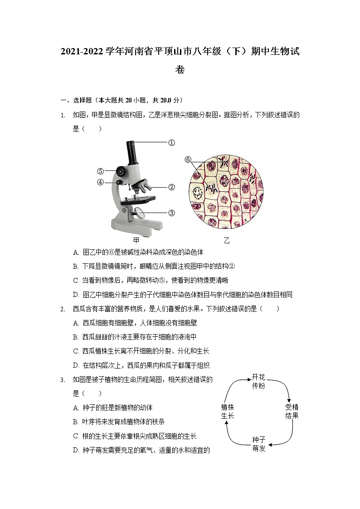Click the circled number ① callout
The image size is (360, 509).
click(x=171, y=143)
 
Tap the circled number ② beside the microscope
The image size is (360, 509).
click(x=171, y=187)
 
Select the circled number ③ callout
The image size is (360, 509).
click(x=171, y=213)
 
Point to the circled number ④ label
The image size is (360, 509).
click(x=100, y=182)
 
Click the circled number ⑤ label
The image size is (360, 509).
click(x=100, y=171)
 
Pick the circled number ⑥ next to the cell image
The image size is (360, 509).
click(x=188, y=160)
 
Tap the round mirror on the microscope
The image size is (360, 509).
click(x=139, y=212)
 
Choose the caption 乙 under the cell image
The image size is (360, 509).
click(x=227, y=240)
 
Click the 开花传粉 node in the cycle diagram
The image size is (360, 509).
click(x=258, y=381)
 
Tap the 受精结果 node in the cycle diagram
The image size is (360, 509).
click(x=292, y=411)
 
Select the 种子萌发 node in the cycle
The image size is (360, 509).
click(x=258, y=444)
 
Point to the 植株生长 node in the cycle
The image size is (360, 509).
click(x=228, y=411)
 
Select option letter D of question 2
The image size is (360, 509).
click(x=76, y=365)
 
